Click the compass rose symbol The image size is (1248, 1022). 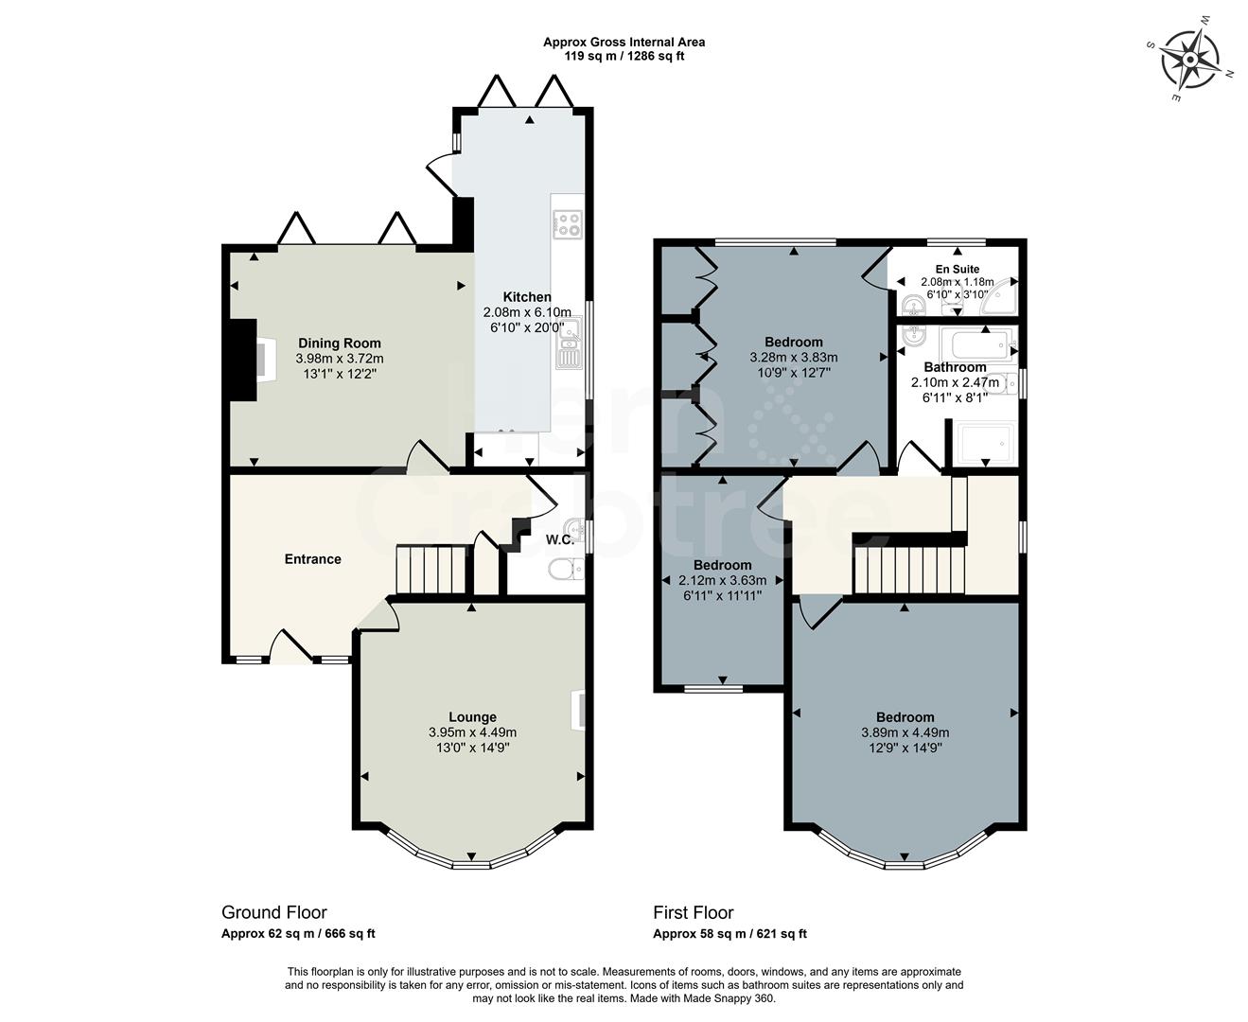click(1191, 59)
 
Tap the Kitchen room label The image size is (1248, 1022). click(526, 297)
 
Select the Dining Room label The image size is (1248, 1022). click(339, 344)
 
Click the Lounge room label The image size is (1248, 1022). click(472, 717)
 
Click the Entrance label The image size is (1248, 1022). click(312, 559)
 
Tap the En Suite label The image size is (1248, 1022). click(958, 270)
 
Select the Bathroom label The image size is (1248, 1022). click(955, 367)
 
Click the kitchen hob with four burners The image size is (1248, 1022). click(568, 223)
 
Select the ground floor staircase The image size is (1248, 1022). click(431, 569)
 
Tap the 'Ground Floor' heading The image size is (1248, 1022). click(274, 912)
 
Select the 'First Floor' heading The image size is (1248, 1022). click(694, 912)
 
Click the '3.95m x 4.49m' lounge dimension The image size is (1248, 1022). click(472, 732)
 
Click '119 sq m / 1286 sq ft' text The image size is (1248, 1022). click(624, 56)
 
